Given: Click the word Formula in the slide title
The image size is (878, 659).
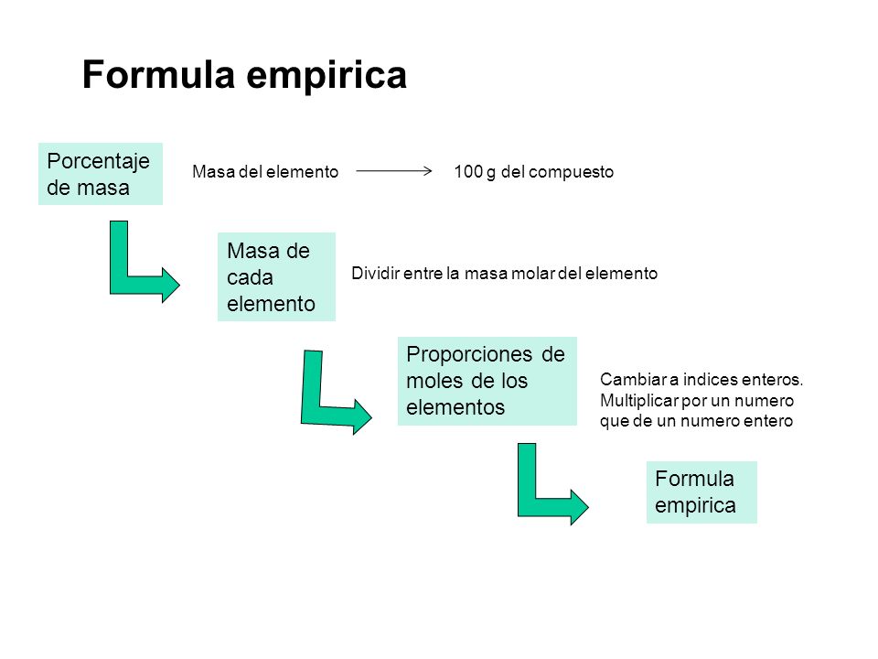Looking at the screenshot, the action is click(160, 75).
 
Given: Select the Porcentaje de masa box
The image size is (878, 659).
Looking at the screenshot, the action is click(100, 174).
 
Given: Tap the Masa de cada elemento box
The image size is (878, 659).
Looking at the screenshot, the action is click(276, 276).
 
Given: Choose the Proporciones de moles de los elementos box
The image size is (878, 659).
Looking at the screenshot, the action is click(487, 381).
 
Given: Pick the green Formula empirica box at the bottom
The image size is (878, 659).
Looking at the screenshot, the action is click(701, 492).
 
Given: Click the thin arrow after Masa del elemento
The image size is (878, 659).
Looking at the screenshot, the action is click(394, 171).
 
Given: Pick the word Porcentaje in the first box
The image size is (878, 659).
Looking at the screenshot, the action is click(99, 162).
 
